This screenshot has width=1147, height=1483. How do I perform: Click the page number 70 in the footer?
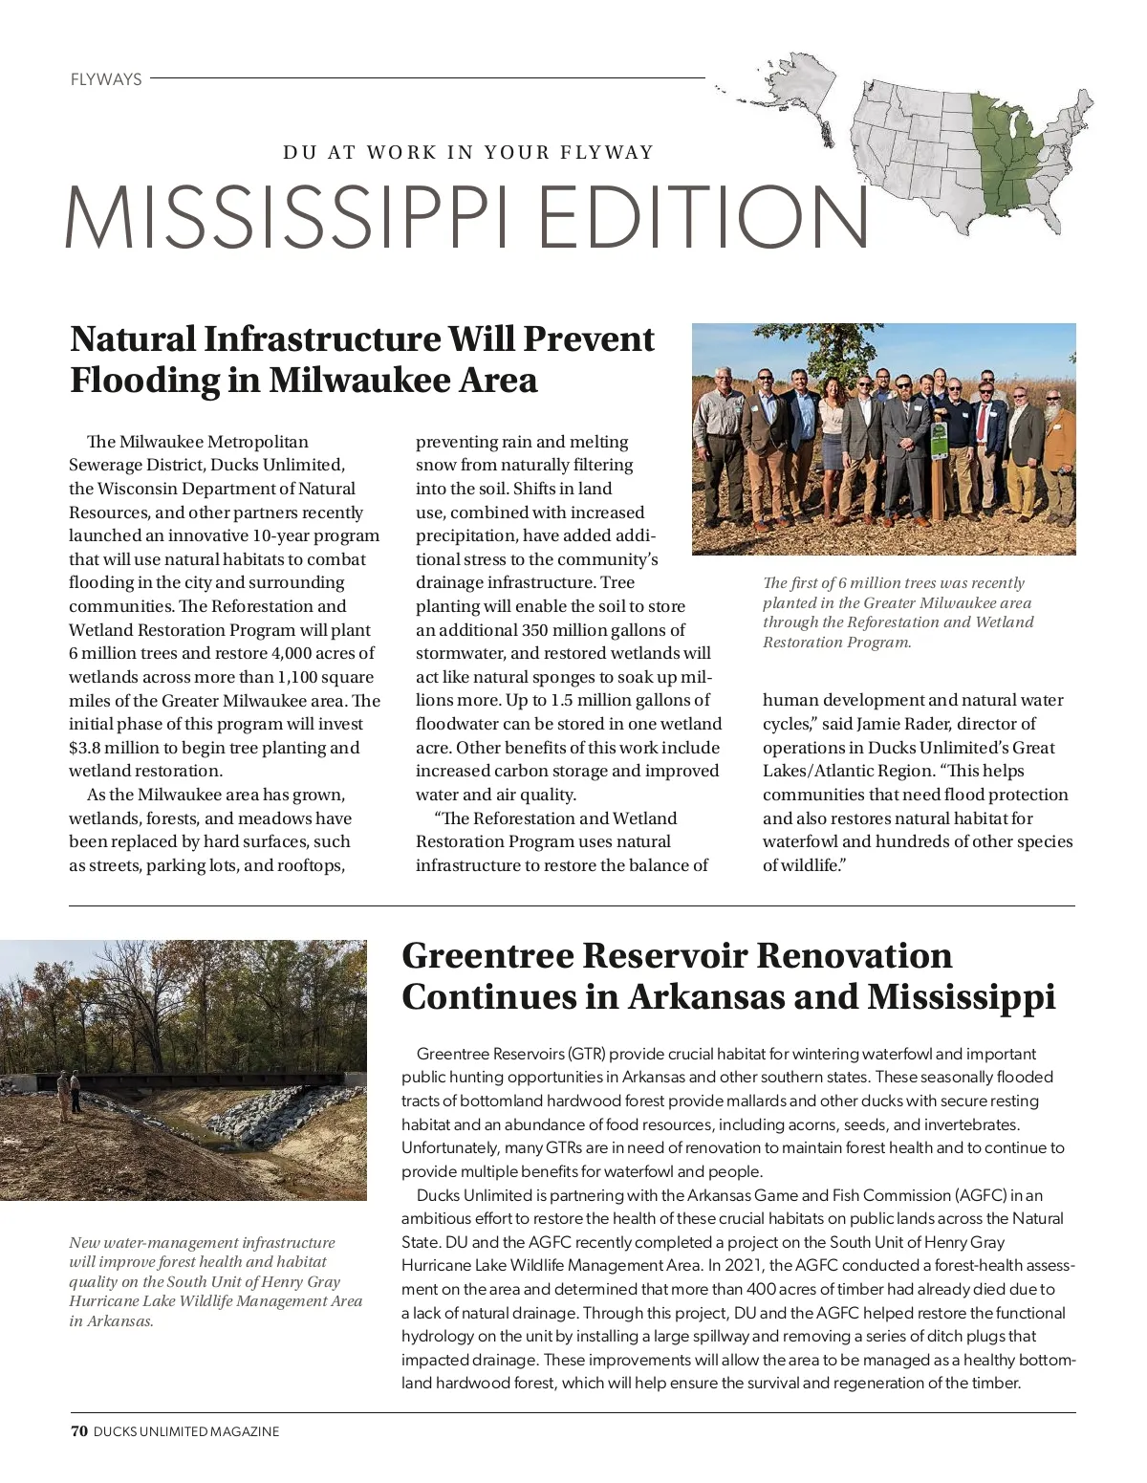78,1431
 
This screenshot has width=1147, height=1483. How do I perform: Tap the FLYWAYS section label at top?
106,79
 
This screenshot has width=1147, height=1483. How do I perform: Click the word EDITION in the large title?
704,218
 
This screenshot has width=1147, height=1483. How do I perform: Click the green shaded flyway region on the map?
1004,153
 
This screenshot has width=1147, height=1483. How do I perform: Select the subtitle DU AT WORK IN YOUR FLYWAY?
468,152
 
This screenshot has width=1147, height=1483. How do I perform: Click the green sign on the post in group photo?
939,439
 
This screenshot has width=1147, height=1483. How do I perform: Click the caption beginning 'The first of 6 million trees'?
898,612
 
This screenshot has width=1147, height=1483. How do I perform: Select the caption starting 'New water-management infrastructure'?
215,1281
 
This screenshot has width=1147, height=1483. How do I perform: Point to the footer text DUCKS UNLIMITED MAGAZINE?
186,1431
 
